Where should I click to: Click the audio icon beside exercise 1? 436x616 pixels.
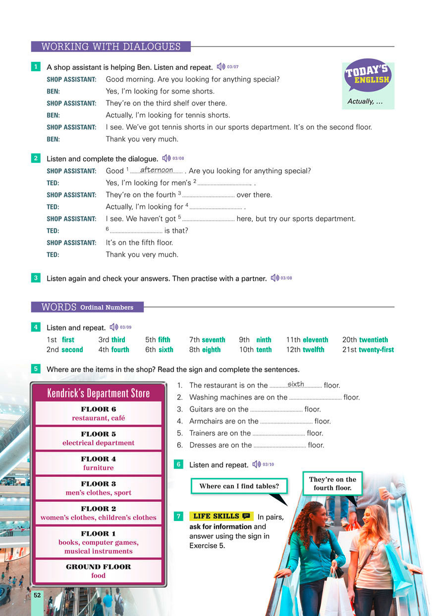click(x=221, y=67)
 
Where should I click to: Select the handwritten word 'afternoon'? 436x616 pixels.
click(x=157, y=170)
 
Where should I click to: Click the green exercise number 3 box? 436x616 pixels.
click(x=36, y=278)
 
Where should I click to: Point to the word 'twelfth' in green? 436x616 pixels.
click(x=313, y=349)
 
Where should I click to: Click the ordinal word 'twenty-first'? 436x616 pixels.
click(x=377, y=349)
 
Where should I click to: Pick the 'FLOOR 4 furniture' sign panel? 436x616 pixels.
click(x=98, y=463)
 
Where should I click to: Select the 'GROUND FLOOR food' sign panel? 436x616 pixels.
click(x=98, y=571)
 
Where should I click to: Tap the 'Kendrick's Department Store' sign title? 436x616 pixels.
click(x=98, y=393)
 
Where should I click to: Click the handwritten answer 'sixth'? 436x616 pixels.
click(x=296, y=384)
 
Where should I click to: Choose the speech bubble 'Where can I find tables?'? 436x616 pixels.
click(x=239, y=486)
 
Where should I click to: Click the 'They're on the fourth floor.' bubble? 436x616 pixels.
click(x=332, y=483)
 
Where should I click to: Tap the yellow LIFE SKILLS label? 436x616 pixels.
click(x=221, y=516)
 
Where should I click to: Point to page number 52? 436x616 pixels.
click(x=37, y=595)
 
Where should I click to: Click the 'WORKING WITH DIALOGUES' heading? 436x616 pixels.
click(x=110, y=47)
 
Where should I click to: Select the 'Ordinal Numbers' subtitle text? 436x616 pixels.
click(x=107, y=307)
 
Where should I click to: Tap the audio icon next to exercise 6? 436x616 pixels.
click(x=256, y=464)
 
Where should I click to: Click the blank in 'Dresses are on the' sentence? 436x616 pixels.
click(x=279, y=446)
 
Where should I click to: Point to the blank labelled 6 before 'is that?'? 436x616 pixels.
click(x=136, y=231)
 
